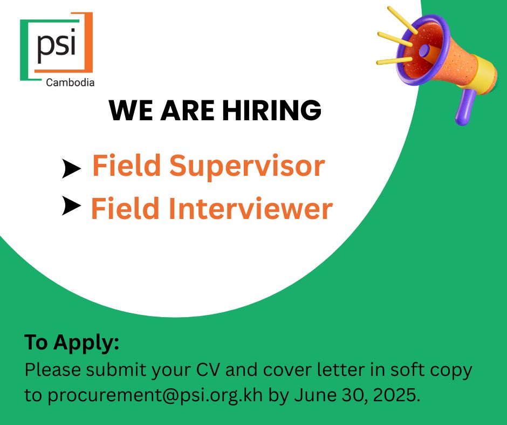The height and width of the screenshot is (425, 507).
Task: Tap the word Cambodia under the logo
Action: tap(70, 83)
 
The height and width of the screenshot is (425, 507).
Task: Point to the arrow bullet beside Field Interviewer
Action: tap(71, 206)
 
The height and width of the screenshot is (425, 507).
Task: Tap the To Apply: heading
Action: tap(72, 342)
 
